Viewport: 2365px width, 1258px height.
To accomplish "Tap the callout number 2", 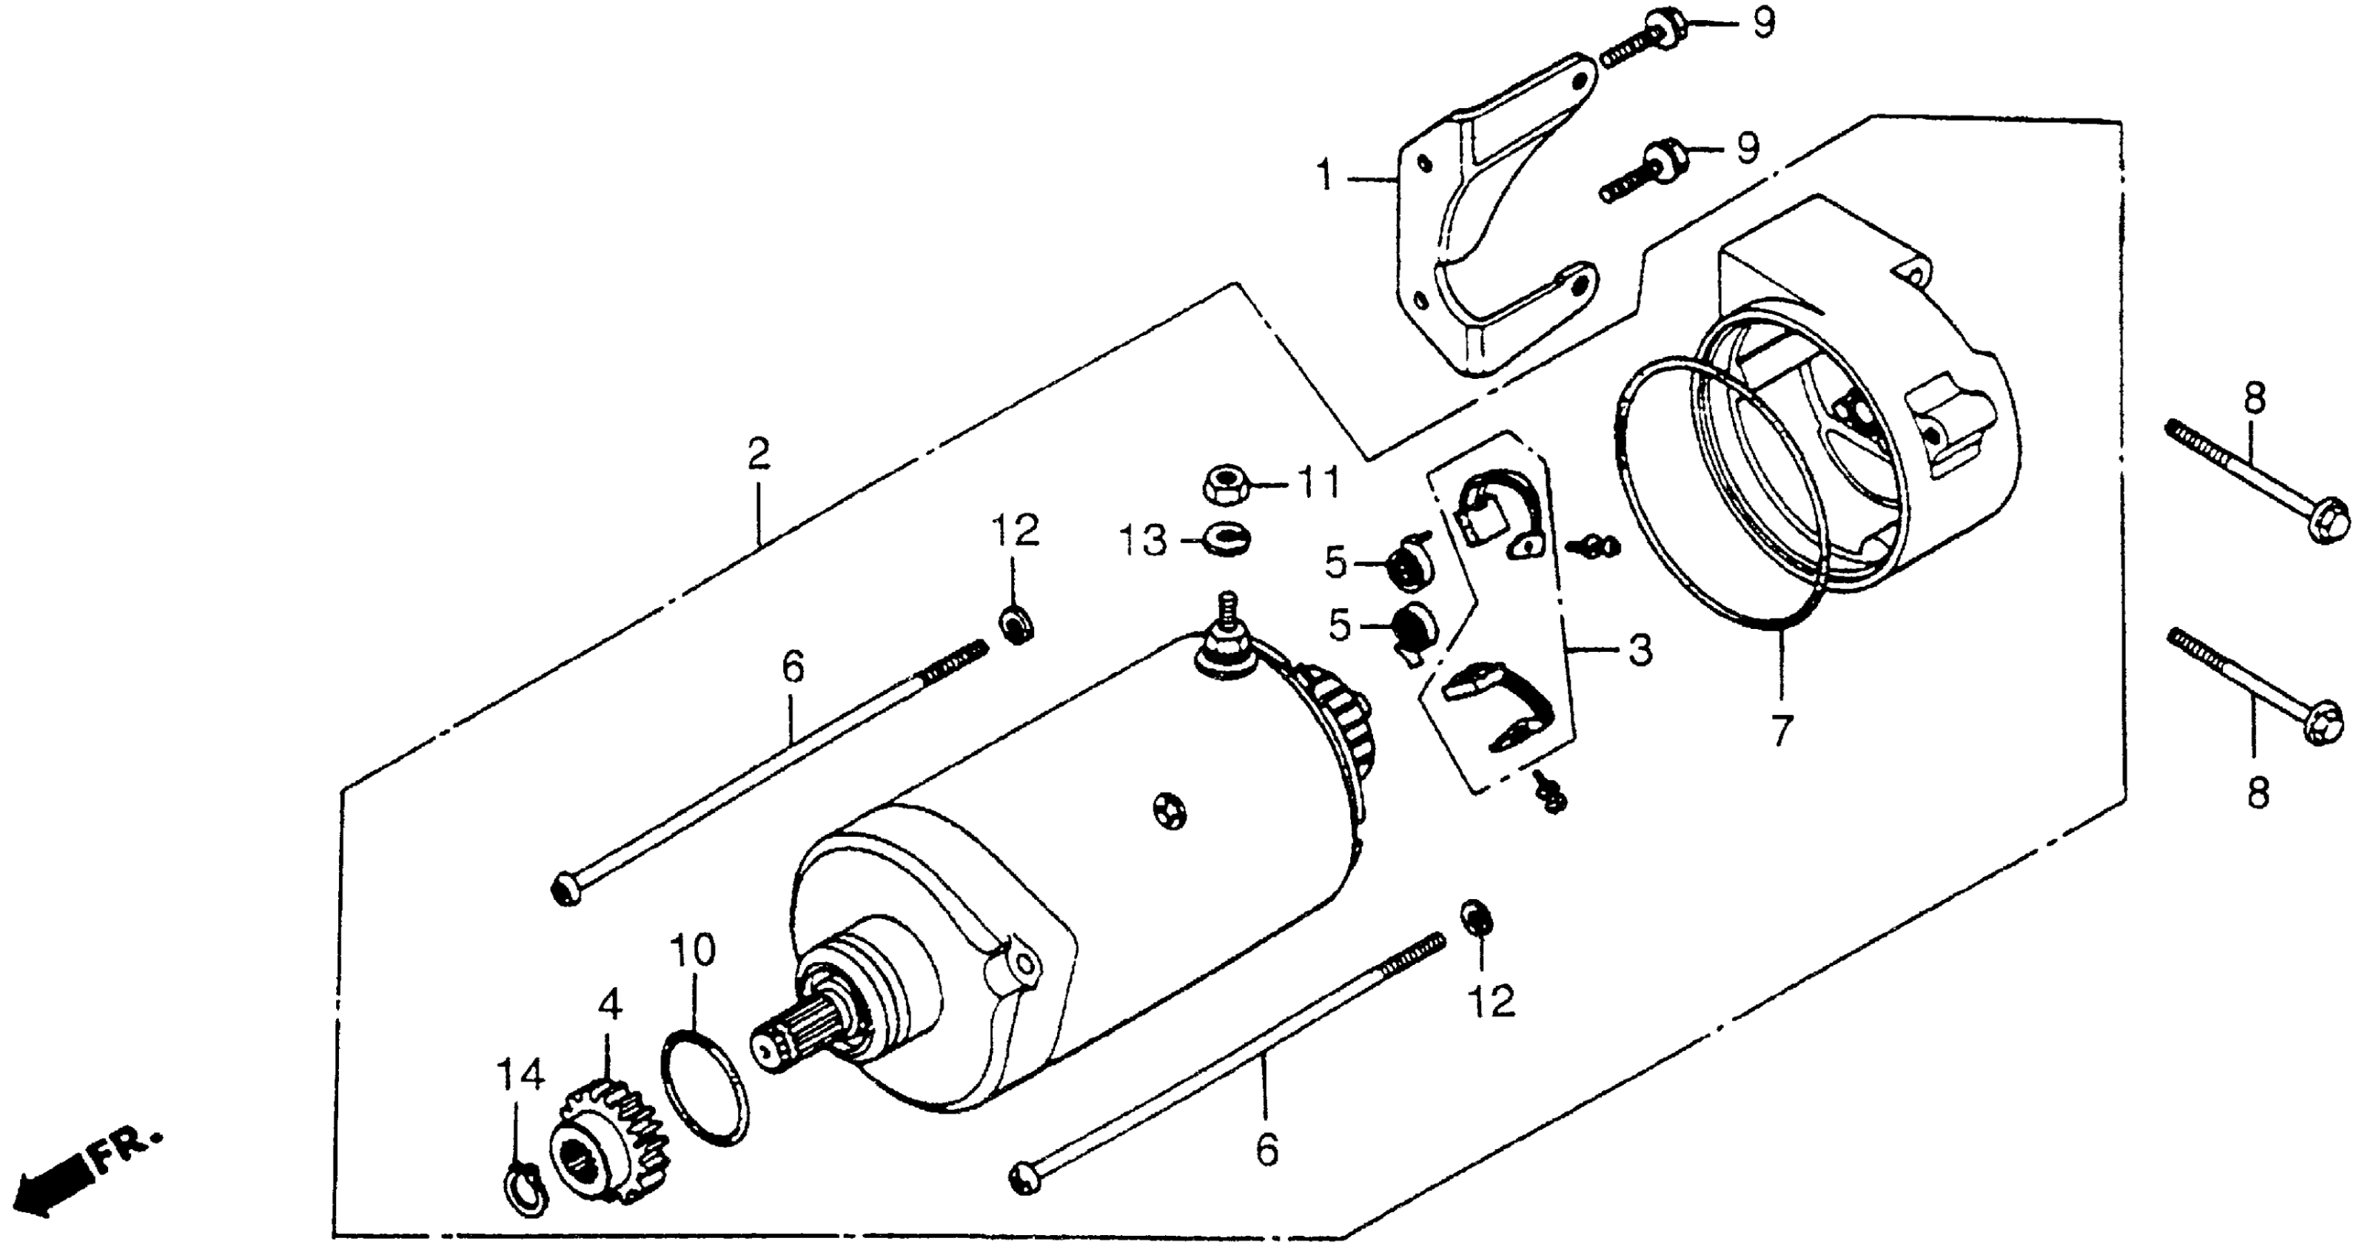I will coord(758,454).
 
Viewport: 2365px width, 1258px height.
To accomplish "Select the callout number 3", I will coord(1640,650).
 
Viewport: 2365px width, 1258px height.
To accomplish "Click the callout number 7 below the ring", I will coord(1781,731).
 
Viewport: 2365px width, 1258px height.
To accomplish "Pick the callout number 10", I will coord(692,951).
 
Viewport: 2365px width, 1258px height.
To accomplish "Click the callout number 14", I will coord(520,1074).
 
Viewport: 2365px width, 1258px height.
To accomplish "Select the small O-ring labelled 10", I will coord(704,1087).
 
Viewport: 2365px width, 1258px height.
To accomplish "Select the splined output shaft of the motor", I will coord(799,1035).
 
